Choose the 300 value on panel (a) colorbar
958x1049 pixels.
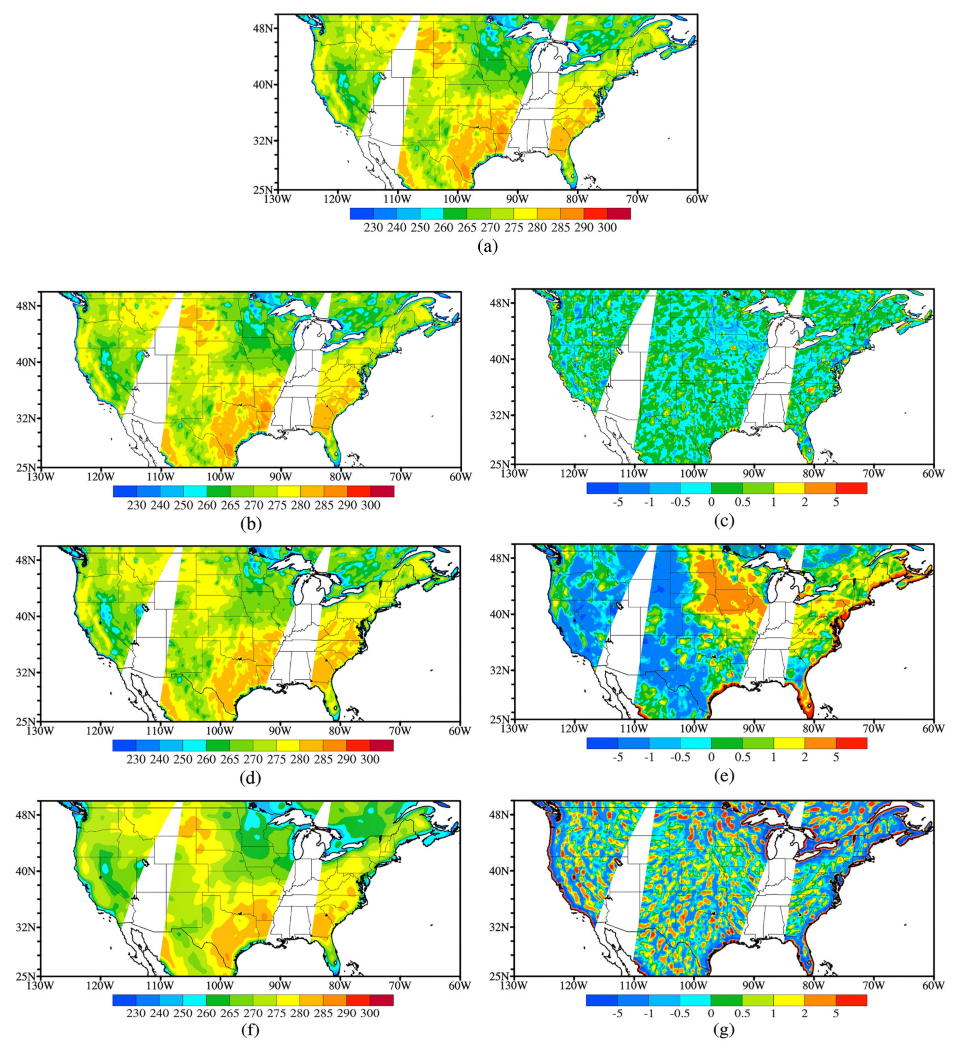(607, 228)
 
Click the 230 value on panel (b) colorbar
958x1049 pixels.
(137, 505)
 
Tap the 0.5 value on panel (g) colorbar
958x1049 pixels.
(743, 1013)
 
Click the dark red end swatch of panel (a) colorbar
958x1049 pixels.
(618, 213)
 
